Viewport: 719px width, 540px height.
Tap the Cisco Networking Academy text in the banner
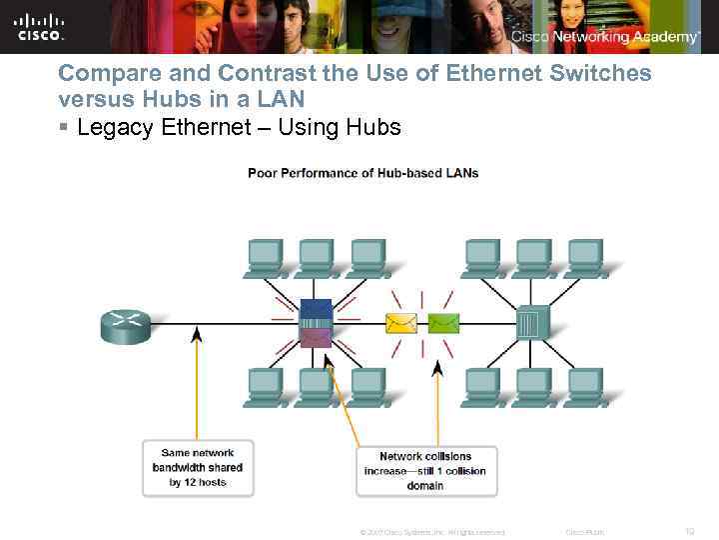click(x=605, y=37)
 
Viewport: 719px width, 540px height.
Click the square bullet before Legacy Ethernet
click(x=63, y=128)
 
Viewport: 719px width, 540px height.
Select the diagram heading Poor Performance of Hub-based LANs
click(x=362, y=173)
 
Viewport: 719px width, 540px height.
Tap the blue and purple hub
click(x=316, y=323)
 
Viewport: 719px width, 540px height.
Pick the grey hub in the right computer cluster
click(x=528, y=322)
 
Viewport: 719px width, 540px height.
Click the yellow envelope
click(x=402, y=323)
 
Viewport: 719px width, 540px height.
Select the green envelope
click(x=442, y=323)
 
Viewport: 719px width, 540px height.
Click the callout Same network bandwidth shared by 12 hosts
click(x=198, y=467)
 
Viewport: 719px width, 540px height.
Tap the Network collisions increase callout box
click(x=425, y=471)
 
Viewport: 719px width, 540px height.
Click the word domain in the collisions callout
click(x=425, y=486)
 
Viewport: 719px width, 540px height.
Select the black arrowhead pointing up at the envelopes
click(x=436, y=368)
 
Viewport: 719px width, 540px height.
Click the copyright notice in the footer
click(x=431, y=532)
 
